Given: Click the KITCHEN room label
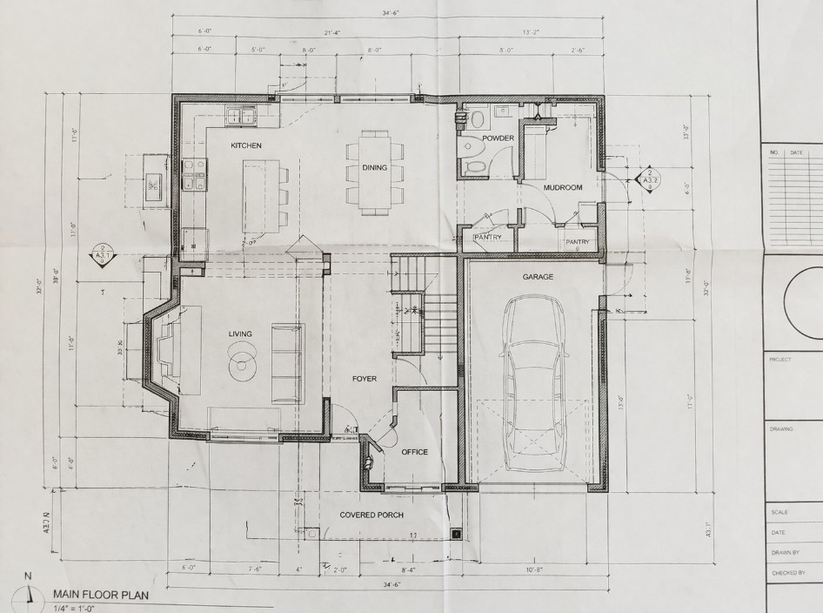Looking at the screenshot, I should [x=246, y=145].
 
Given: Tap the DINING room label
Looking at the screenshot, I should [x=375, y=168].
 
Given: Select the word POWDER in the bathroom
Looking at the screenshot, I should [x=498, y=138].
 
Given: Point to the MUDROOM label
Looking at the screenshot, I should [x=562, y=187].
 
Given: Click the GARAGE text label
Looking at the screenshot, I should [x=538, y=276].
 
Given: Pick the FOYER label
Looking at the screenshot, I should [x=364, y=379].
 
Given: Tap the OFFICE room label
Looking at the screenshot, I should [x=414, y=452].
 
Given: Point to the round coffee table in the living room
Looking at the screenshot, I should [x=243, y=361].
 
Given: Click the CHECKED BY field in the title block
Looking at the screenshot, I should [x=788, y=574].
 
